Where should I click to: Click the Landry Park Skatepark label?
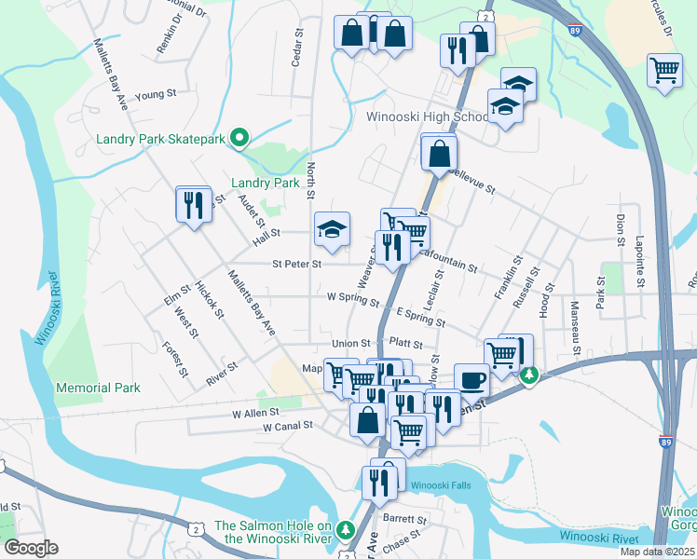[x=161, y=140]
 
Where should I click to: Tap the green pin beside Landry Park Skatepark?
[x=239, y=139]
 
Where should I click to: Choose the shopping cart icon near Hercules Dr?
[x=664, y=70]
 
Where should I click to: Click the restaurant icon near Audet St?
[x=192, y=204]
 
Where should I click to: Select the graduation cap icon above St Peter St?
[x=331, y=230]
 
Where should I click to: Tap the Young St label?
[x=156, y=95]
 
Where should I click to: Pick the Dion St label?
[x=621, y=230]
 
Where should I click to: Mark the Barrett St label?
[x=404, y=520]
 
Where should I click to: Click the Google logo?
[x=30, y=548]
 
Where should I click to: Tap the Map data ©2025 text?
[x=658, y=552]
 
